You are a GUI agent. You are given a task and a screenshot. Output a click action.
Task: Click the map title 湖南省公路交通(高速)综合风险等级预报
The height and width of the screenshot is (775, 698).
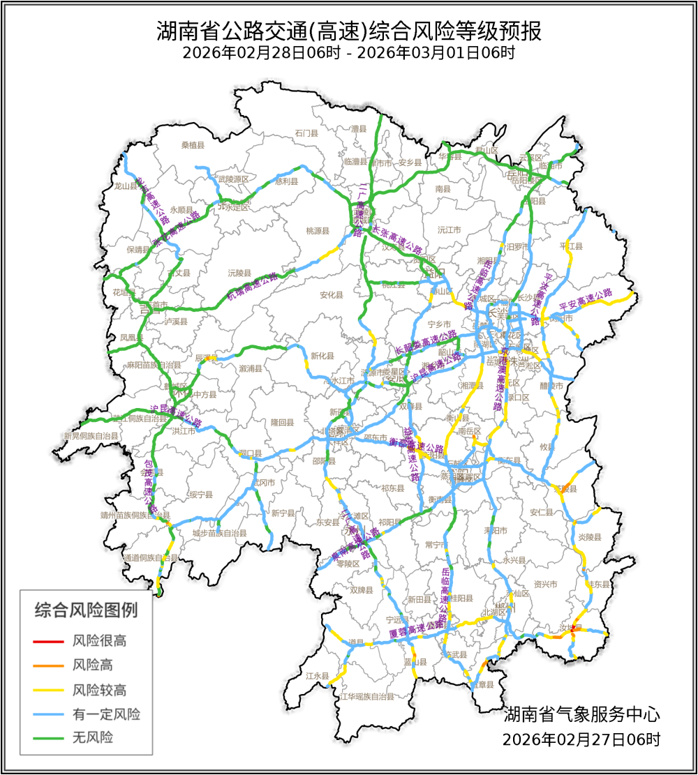(x=349, y=31)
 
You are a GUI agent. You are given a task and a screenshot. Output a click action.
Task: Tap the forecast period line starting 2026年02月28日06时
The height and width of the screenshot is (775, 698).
(x=349, y=53)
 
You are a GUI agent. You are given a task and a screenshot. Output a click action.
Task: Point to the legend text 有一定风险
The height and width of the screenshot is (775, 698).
(x=106, y=714)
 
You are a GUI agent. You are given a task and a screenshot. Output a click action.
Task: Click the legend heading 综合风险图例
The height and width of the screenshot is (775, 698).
(x=86, y=610)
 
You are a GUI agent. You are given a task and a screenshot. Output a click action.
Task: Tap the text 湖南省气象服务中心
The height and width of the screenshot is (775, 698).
(x=581, y=714)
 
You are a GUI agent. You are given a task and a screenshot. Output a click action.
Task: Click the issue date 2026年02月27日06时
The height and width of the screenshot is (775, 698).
(x=581, y=739)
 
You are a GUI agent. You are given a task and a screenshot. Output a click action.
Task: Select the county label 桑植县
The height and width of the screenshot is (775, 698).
(x=193, y=145)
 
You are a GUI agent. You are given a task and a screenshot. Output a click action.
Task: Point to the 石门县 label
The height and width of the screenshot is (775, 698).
(x=306, y=133)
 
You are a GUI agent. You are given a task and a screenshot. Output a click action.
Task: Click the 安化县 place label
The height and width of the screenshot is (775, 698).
(x=332, y=295)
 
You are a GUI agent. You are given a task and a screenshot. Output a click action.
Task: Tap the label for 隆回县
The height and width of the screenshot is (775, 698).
(x=283, y=423)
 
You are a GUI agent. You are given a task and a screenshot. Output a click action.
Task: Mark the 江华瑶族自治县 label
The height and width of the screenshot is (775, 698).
(x=367, y=696)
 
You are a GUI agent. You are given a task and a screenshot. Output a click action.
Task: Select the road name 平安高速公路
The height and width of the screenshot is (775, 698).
(x=585, y=302)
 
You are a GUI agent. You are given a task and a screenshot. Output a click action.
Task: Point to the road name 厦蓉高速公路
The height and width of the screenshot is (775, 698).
(x=416, y=631)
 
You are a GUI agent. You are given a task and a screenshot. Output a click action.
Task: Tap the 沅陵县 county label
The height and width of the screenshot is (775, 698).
(x=239, y=272)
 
